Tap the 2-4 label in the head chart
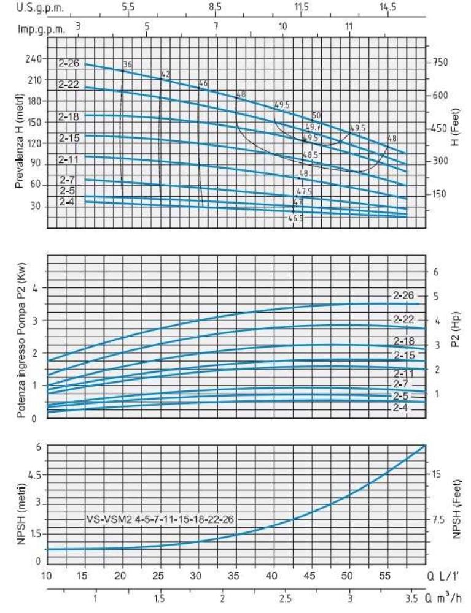pos(68,202)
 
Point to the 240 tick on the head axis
pos(32,59)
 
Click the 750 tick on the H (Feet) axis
pos(442,63)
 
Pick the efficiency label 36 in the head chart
pos(128,64)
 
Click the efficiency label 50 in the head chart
pos(317,115)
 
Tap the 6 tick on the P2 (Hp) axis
pos(437,272)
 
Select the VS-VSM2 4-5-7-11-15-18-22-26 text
pos(160,519)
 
